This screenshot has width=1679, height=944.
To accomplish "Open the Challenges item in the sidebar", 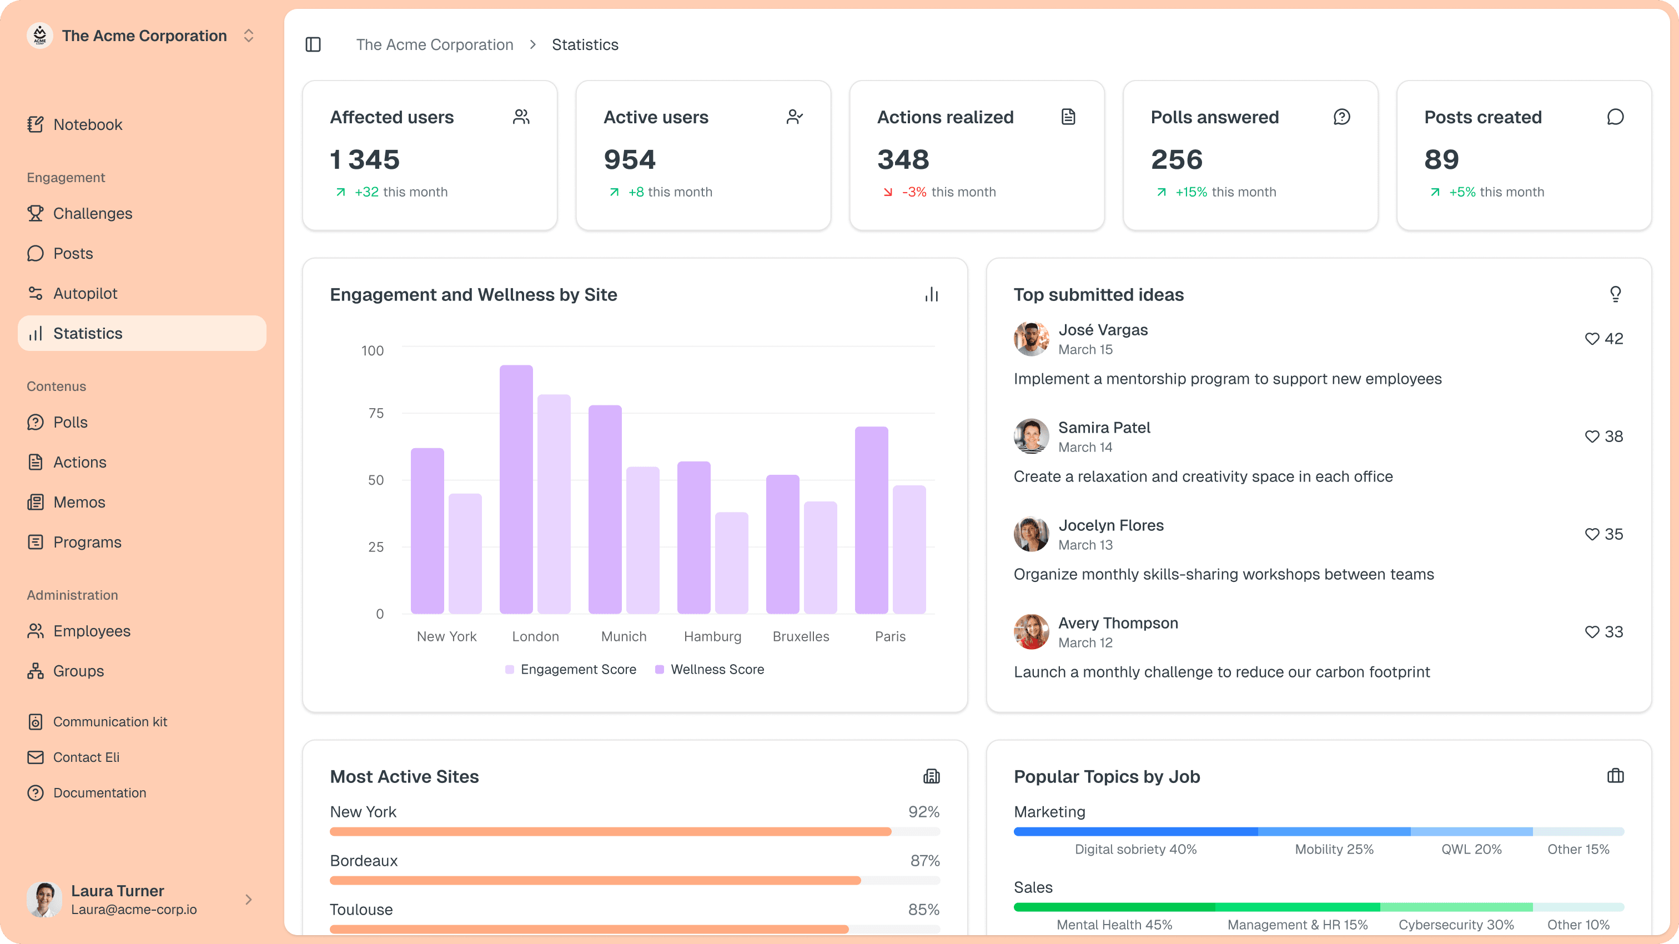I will coord(92,213).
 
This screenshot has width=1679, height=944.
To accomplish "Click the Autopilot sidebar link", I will coord(85,293).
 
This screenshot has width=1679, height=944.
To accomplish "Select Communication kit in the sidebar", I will coord(109,722).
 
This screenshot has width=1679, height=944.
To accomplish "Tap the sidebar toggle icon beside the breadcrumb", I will coord(313,44).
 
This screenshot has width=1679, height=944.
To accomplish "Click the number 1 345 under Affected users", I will coord(364,160).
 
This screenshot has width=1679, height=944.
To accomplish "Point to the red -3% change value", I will coord(914,192).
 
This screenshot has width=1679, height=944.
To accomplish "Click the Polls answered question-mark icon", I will coord(1341,117).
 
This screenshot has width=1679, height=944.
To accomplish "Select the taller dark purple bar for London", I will coord(516,489).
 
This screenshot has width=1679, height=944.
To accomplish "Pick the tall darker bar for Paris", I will coord(872,520).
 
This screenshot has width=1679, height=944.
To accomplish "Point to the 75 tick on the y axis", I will coord(376,413).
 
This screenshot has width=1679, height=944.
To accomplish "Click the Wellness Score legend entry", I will coord(716,670).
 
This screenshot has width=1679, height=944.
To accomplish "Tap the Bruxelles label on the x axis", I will coord(801,636).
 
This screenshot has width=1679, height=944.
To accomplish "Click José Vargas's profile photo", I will coord(1031,339).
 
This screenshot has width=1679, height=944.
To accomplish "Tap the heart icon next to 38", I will coord(1592,437).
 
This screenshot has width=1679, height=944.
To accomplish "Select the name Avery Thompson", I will coord(1118,623).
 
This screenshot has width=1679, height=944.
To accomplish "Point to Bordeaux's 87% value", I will coord(924,861).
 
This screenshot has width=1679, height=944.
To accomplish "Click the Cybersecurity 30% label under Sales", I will coord(1456,925).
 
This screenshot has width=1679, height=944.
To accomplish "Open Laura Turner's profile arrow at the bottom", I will coord(248,900).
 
